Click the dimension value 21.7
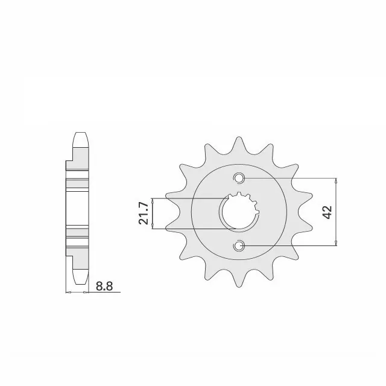tap(144, 214)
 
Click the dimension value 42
tap(327, 212)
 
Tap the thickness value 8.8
tap(104, 286)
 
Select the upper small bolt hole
tap(239, 178)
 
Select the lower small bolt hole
tap(239, 245)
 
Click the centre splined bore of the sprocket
tap(239, 212)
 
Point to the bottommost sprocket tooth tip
tap(239, 287)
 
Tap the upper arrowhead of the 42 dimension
tap(336, 181)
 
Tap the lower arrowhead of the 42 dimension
tap(336, 242)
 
